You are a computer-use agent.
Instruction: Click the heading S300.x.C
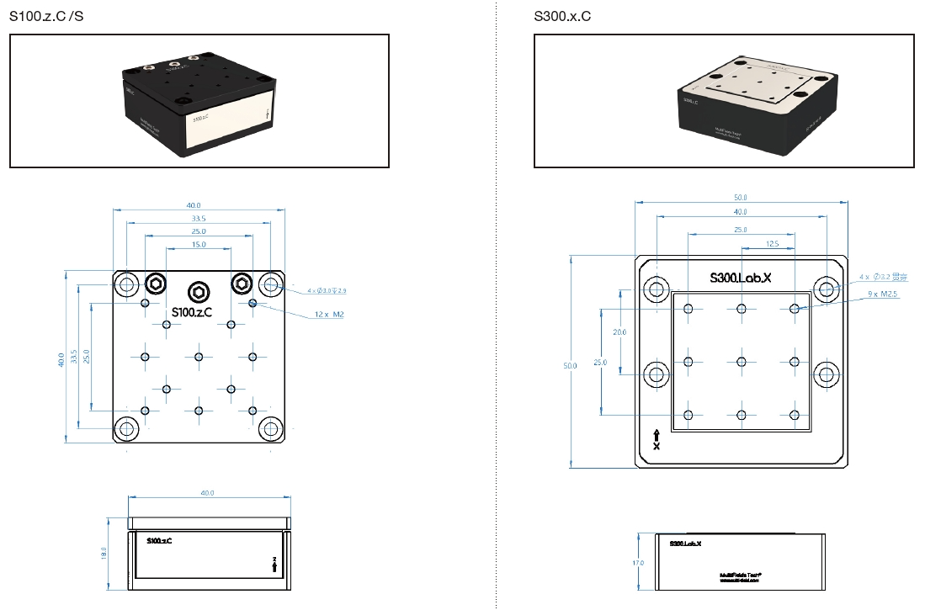562,17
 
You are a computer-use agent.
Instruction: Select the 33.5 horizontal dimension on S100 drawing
199,217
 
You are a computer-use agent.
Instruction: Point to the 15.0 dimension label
199,244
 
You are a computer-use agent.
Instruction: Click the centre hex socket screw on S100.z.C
199,291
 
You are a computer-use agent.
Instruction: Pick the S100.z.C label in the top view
191,311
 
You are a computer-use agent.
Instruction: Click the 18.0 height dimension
104,554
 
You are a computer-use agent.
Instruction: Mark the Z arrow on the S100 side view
274,565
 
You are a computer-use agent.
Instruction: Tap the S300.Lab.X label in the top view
741,277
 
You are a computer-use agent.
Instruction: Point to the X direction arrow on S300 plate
657,439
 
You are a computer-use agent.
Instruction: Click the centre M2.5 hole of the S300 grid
742,362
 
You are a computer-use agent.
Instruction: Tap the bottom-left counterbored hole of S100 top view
127,428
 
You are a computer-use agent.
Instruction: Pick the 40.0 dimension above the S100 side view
208,492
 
